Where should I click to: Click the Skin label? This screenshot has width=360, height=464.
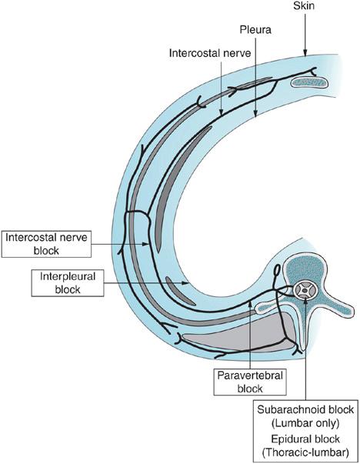point(304,5)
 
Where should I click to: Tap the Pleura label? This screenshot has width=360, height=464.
point(255,29)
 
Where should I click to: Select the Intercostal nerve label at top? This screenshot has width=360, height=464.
point(210,53)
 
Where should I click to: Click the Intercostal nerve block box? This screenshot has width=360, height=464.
point(46,244)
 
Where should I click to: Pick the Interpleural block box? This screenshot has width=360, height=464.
point(68,283)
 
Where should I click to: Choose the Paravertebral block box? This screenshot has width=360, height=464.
point(250,382)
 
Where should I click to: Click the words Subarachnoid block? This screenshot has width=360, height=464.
point(305,410)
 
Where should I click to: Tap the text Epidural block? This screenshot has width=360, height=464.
point(305,439)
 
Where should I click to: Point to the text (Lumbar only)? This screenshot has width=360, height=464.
point(305,424)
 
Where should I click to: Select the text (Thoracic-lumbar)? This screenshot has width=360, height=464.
point(305,452)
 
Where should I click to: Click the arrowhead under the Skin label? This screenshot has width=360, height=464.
point(305,52)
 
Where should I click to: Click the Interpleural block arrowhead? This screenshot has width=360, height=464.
point(185,283)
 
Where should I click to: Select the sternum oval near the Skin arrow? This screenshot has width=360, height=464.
point(308,82)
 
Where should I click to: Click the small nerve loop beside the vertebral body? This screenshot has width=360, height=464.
point(277,270)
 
